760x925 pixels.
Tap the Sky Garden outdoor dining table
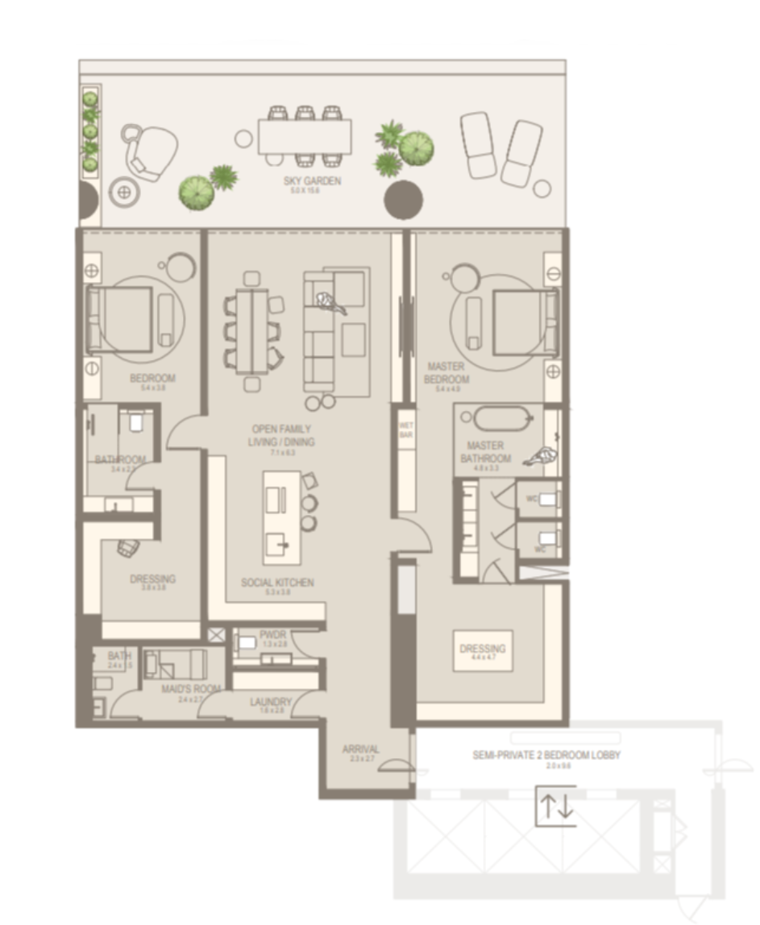click(x=305, y=136)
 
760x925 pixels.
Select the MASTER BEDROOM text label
click(x=446, y=372)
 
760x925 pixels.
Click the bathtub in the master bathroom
click(x=503, y=418)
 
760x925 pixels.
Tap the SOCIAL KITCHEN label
click(x=277, y=583)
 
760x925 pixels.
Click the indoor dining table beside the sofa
click(x=252, y=330)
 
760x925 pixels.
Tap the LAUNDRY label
click(x=270, y=703)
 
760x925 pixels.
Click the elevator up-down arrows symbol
click(x=556, y=807)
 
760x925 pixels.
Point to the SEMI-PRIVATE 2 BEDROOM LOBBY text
click(x=546, y=756)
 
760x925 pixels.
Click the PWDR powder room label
click(x=268, y=634)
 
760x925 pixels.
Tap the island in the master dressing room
click(x=483, y=650)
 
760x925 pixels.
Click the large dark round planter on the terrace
click(x=404, y=199)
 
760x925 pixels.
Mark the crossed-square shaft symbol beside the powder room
click(x=216, y=636)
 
